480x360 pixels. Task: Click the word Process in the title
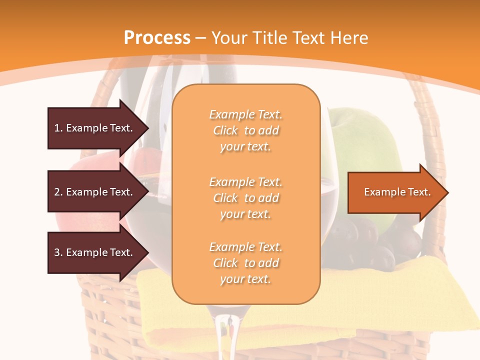pyautogui.click(x=157, y=38)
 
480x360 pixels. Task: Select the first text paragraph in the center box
pyautogui.click(x=245, y=130)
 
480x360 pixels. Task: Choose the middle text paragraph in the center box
pyautogui.click(x=245, y=198)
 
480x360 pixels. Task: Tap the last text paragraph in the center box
pyautogui.click(x=245, y=263)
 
